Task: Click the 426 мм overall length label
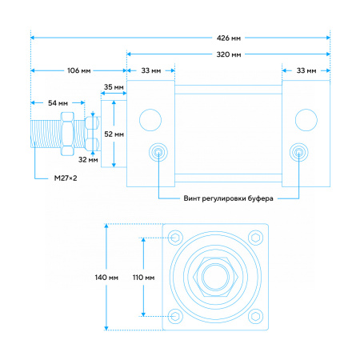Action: (229, 38)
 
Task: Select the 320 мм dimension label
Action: (229, 54)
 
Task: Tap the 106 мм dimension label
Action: (79, 70)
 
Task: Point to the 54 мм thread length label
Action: (58, 103)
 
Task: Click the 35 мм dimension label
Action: (114, 87)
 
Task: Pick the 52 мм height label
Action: (114, 134)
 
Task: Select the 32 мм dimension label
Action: (88, 160)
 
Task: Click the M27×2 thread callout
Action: (66, 178)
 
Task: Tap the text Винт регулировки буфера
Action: (228, 198)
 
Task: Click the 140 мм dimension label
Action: (106, 278)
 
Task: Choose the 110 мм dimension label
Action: (143, 278)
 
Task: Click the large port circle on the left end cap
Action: (150, 120)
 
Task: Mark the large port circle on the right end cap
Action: (306, 120)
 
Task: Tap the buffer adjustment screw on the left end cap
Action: (158, 153)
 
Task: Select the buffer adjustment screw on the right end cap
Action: (299, 153)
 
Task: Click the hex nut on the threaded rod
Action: (67, 134)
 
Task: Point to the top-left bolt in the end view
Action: (175, 238)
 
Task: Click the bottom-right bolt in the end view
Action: (256, 316)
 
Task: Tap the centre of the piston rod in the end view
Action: (215, 277)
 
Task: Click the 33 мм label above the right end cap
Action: (306, 70)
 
